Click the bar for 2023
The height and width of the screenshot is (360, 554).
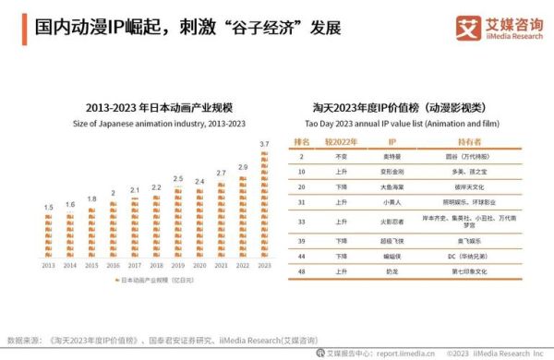264,204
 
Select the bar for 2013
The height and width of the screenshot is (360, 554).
49,235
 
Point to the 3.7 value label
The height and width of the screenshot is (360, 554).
264,144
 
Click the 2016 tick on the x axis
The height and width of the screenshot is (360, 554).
114,265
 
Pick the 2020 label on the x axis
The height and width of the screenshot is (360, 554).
199,265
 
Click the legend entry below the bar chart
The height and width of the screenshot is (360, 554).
157,278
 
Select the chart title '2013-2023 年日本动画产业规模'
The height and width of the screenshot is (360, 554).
157,106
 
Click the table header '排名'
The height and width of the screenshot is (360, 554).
301,142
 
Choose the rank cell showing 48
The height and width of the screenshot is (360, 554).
301,270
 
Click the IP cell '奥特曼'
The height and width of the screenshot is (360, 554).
391,157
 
